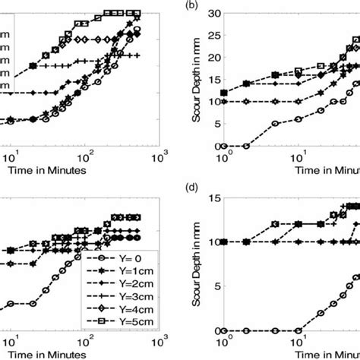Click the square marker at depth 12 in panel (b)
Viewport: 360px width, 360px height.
223,93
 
